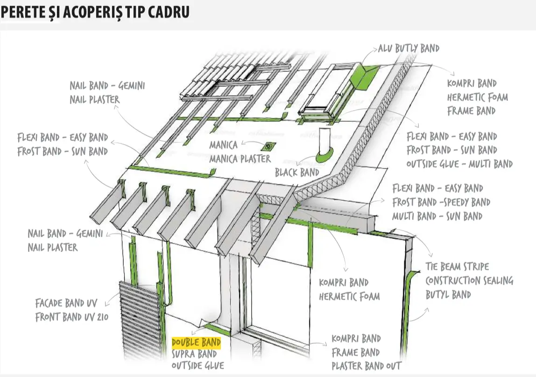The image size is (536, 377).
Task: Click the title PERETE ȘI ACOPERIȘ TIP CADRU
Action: tap(95, 12)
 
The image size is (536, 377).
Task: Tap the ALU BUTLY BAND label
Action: tap(409, 48)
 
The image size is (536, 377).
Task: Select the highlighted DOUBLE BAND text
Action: tap(196, 343)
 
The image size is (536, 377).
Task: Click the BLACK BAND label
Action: tap(297, 173)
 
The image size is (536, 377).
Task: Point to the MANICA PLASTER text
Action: tap(240, 159)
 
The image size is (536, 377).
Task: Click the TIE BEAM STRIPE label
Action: tap(457, 267)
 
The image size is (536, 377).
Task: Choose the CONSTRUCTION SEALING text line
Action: tap(469, 281)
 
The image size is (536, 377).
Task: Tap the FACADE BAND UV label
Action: tap(67, 303)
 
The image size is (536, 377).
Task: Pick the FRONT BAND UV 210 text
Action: tap(72, 317)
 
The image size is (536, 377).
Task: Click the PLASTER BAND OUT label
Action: tap(366, 366)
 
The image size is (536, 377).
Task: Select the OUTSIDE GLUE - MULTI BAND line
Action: tap(459, 164)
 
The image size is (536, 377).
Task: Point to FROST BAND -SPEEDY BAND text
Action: tap(441, 202)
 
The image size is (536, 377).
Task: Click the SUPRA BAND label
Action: tap(194, 354)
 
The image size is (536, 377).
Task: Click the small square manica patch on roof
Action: tap(269, 146)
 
